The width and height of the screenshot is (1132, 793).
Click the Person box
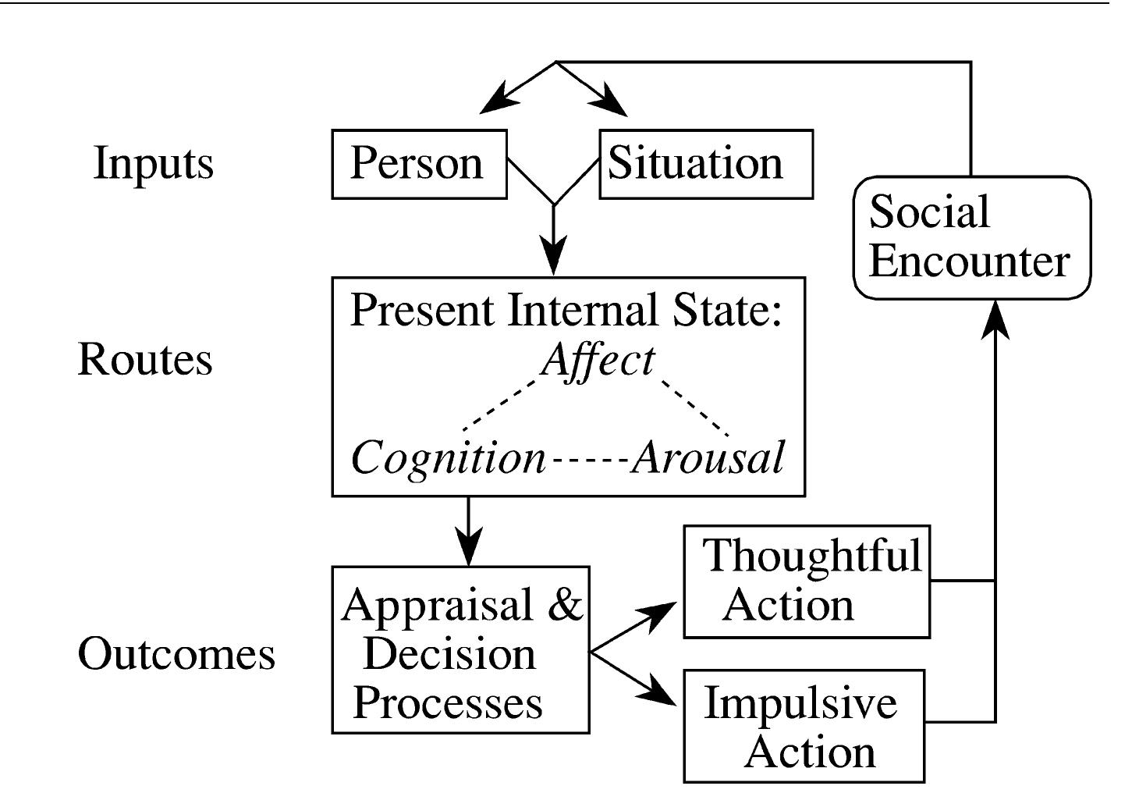pos(419,164)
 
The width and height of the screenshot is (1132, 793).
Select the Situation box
pos(705,164)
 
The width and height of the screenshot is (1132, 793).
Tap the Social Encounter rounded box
pos(971,237)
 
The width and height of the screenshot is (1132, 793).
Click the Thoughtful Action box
pos(807,581)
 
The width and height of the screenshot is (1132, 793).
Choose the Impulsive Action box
pos(804,726)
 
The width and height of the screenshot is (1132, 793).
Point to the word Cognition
pos(448,457)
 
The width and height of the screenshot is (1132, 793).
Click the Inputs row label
pos(153,164)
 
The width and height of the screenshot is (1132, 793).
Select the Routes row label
pos(145,360)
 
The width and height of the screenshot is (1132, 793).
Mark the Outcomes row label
pos(176,653)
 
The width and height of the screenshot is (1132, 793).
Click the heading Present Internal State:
pos(566,310)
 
